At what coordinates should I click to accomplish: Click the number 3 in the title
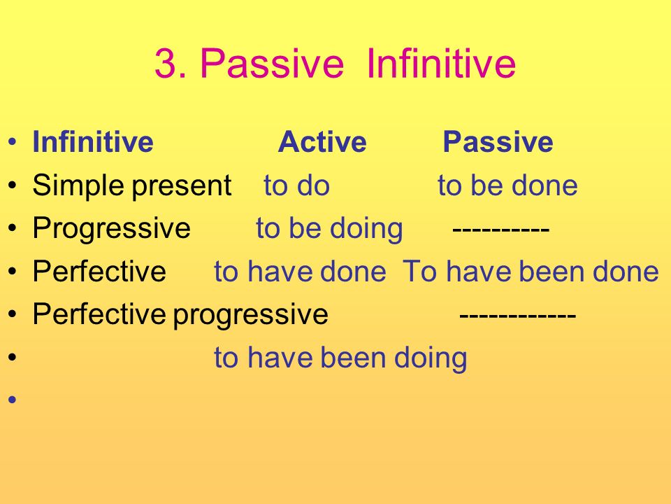pyautogui.click(x=166, y=63)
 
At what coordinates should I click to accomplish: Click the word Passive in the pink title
pyautogui.click(x=272, y=63)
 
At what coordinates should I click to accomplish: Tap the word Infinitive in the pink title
pyautogui.click(x=441, y=63)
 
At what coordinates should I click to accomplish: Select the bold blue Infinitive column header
pyautogui.click(x=93, y=141)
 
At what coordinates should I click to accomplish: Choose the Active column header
pyautogui.click(x=322, y=141)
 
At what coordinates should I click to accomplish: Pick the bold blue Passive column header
pyautogui.click(x=498, y=141)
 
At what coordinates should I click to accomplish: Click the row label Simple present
pyautogui.click(x=132, y=186)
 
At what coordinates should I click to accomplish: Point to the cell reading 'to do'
pyautogui.click(x=296, y=185)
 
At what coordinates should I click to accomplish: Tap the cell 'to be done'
pyautogui.click(x=507, y=185)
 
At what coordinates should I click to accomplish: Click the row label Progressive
pyautogui.click(x=111, y=229)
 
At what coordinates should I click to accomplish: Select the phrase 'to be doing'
pyautogui.click(x=329, y=229)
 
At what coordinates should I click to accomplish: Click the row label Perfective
pyautogui.click(x=99, y=272)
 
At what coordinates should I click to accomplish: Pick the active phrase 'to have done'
pyautogui.click(x=300, y=272)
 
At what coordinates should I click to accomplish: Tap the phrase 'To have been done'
pyautogui.click(x=531, y=272)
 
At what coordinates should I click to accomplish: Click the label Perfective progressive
pyautogui.click(x=180, y=315)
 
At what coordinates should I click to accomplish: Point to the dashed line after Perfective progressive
pyautogui.click(x=518, y=316)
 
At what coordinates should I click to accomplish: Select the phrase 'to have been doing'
pyautogui.click(x=340, y=358)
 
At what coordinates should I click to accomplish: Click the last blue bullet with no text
pyautogui.click(x=12, y=400)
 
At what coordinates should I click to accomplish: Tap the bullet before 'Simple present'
pyautogui.click(x=12, y=185)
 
